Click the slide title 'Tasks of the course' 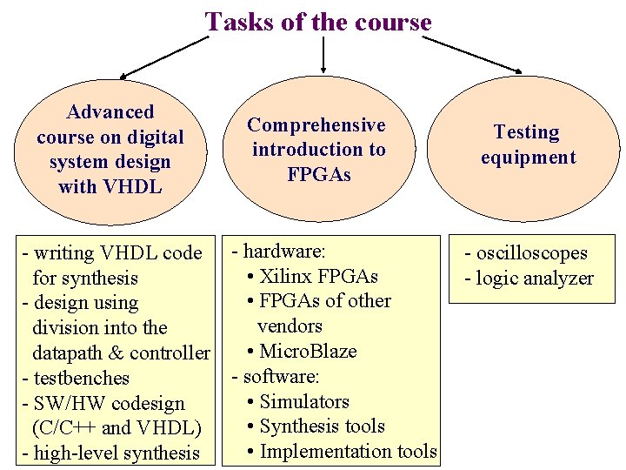[x=318, y=21]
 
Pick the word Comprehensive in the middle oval [x=316, y=125]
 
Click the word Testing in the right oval [x=527, y=132]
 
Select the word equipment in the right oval [x=529, y=158]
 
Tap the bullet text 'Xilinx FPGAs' [x=318, y=277]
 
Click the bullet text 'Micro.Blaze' [x=308, y=352]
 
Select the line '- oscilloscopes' [x=526, y=253]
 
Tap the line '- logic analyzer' [x=529, y=279]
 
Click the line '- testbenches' [x=76, y=379]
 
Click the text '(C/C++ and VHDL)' [x=116, y=428]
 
